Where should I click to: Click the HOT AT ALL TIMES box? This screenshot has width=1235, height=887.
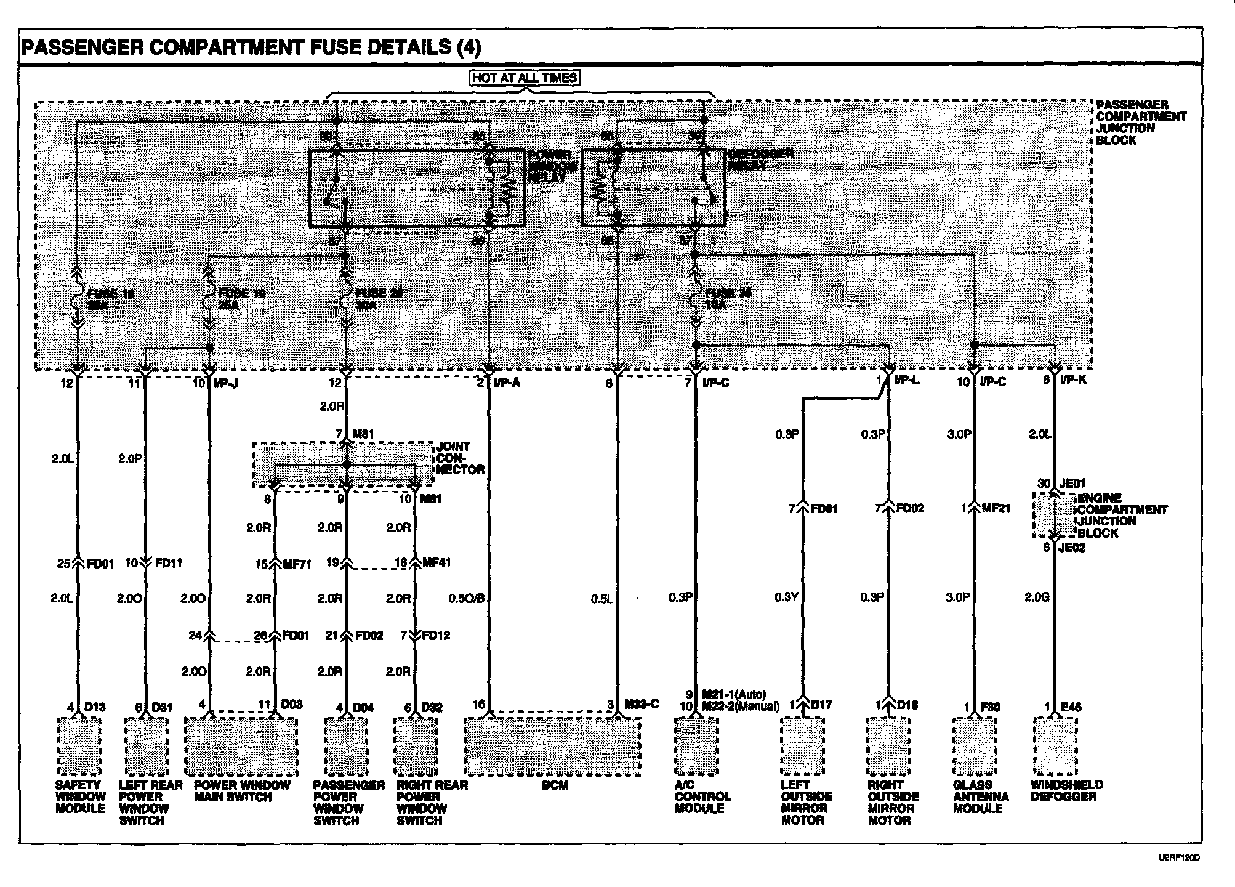pos(525,78)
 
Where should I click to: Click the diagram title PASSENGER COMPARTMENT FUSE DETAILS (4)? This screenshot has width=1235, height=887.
pos(251,47)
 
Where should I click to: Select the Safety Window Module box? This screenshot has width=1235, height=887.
pos(79,746)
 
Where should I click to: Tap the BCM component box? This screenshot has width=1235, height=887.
pos(552,747)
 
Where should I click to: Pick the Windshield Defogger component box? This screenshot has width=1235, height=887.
pos(1055,746)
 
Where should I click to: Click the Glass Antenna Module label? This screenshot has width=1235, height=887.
pos(981,796)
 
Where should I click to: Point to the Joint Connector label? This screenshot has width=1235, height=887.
pos(461,458)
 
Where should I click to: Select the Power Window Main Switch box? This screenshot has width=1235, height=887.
pos(241,747)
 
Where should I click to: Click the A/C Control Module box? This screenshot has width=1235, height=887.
pos(696,746)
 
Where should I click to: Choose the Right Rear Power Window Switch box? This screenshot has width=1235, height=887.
pos(417,747)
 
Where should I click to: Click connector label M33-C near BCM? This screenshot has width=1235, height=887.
pos(642,704)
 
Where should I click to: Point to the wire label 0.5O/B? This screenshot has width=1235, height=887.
pos(466,598)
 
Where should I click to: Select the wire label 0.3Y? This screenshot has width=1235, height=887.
pos(786,597)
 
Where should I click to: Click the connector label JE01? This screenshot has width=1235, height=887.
pos(1072,484)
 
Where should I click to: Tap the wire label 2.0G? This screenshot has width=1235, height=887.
pos(1037,597)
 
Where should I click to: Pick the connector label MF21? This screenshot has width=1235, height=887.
pos(996,509)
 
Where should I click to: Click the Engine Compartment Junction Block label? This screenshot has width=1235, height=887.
pos(1122,516)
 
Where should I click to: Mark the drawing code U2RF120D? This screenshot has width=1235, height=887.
pos(1179,857)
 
